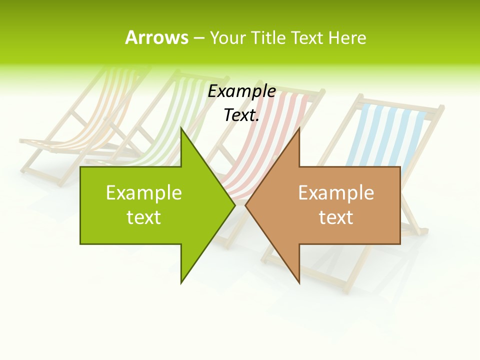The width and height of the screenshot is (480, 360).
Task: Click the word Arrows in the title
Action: point(156,37)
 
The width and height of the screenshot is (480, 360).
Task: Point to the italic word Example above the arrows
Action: point(242,91)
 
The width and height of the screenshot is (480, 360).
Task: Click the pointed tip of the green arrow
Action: point(234,205)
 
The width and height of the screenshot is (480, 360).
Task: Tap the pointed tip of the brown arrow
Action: point(246,205)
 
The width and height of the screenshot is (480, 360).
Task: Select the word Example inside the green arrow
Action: point(144,193)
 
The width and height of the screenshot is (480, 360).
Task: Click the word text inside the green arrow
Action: point(144,217)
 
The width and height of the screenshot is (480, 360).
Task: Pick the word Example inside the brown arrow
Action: point(336,193)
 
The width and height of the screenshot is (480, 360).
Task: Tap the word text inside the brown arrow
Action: point(336,217)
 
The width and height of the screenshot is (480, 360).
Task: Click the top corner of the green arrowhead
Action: point(181,129)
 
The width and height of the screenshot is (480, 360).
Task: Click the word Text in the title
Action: point(307,37)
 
